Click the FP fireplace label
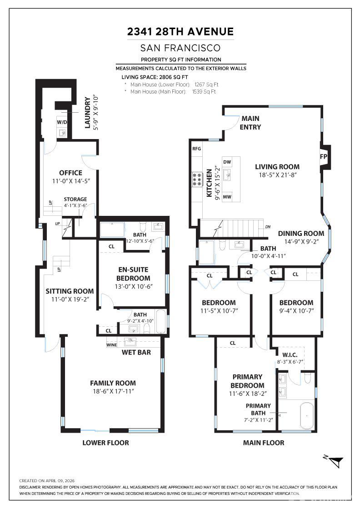click(323, 156)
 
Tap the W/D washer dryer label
click(62, 122)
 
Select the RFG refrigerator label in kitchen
click(197, 149)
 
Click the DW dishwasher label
click(227, 162)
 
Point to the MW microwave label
click(227, 197)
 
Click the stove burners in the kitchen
click(197, 180)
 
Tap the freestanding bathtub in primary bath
click(307, 416)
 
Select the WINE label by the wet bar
click(112, 345)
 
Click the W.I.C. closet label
click(290, 355)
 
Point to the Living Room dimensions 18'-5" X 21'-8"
click(277, 175)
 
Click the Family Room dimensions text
click(113, 391)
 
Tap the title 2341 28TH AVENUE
click(180, 32)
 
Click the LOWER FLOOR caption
click(105, 443)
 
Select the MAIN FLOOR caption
click(264, 443)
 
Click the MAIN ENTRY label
click(250, 123)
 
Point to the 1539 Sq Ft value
click(204, 92)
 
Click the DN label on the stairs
click(268, 227)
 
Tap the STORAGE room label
click(75, 200)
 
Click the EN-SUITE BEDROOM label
click(133, 274)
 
